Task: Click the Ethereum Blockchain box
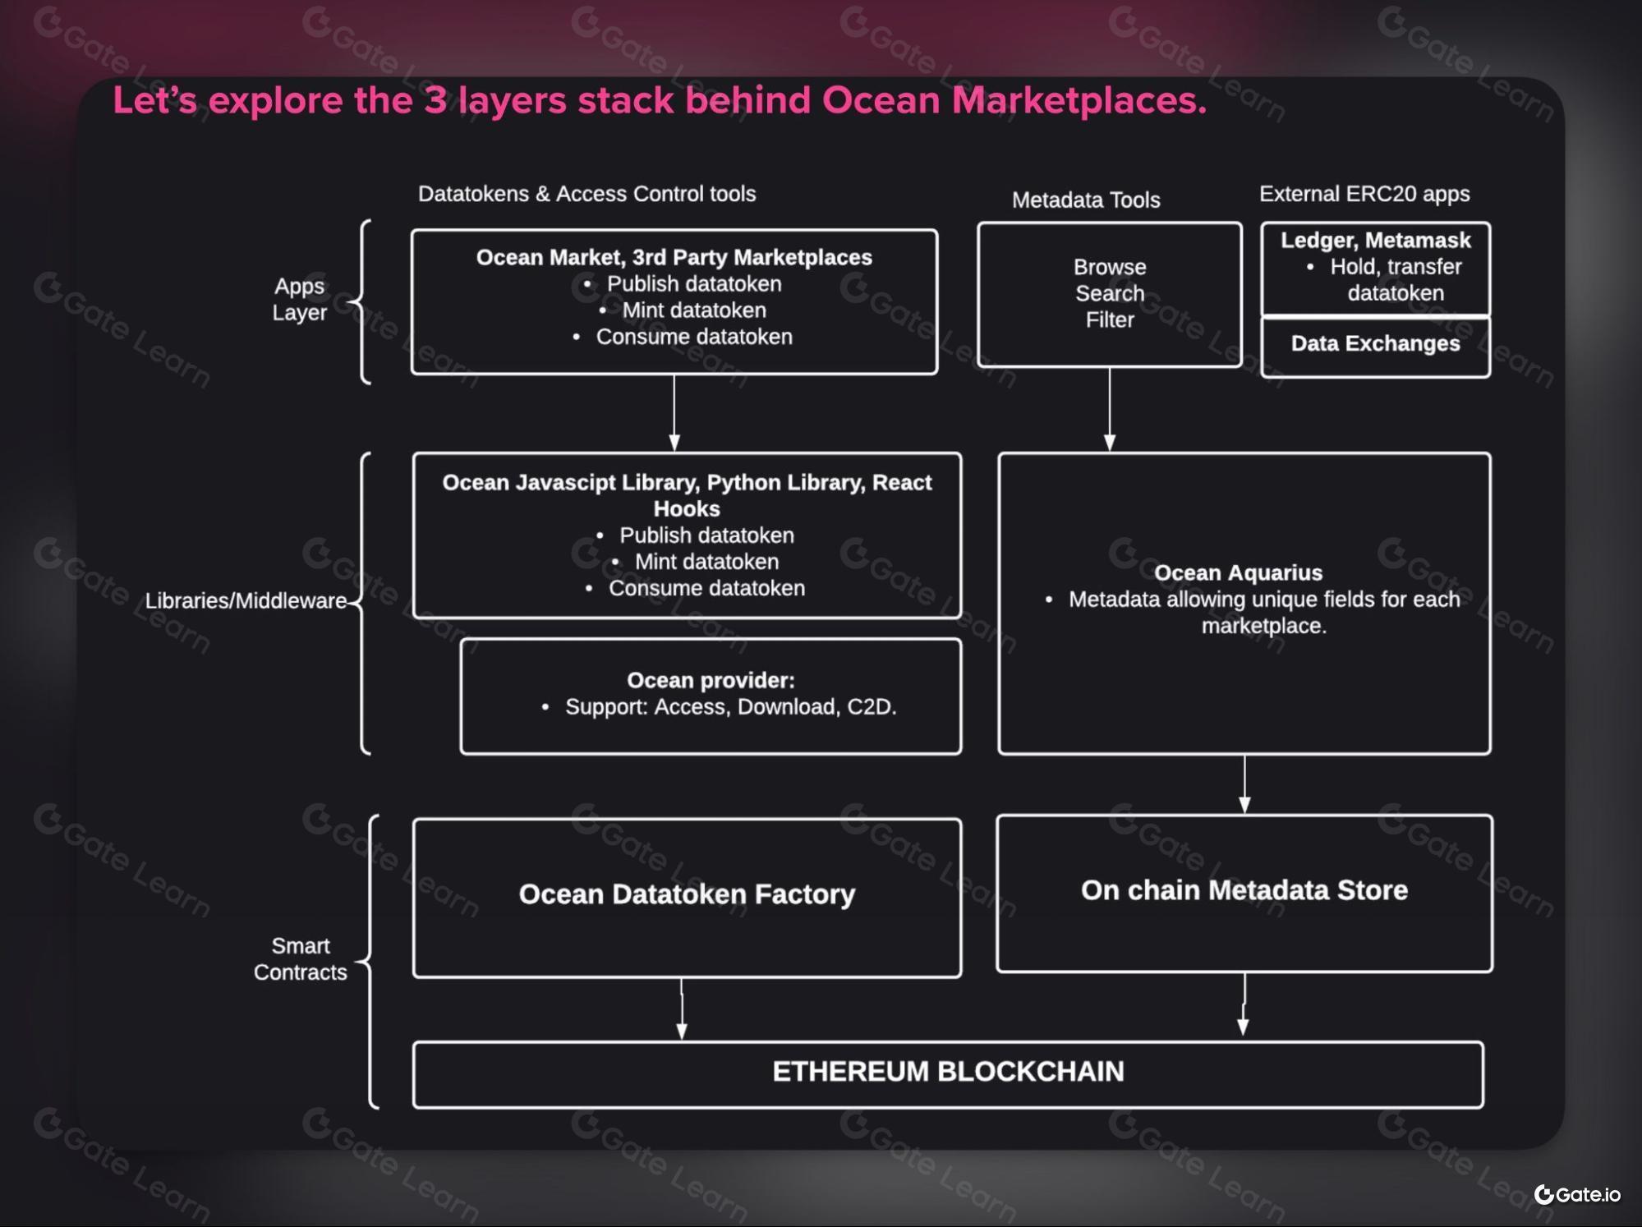pos(948,1074)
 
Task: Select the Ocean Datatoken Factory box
pos(687,898)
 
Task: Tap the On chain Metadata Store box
pos(1244,894)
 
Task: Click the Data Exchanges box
pos(1376,347)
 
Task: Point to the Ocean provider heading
pos(711,680)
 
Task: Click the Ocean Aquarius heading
pos(1239,572)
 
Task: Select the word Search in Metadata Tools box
pos(1110,293)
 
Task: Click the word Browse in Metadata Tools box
pos(1110,267)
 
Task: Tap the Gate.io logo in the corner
pos(1577,1194)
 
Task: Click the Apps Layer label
pos(300,299)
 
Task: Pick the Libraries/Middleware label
pos(246,600)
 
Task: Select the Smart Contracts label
pos(301,958)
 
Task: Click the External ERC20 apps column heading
pos(1364,194)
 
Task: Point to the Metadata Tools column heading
pos(1086,200)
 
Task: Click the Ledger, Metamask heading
pos(1376,240)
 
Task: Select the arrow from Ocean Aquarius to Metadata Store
pos(1244,784)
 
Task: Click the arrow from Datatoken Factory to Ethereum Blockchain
pos(681,1009)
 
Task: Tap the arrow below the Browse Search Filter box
pos(1110,409)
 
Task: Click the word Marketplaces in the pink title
pos(1079,100)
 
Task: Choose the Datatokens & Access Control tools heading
pos(586,194)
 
